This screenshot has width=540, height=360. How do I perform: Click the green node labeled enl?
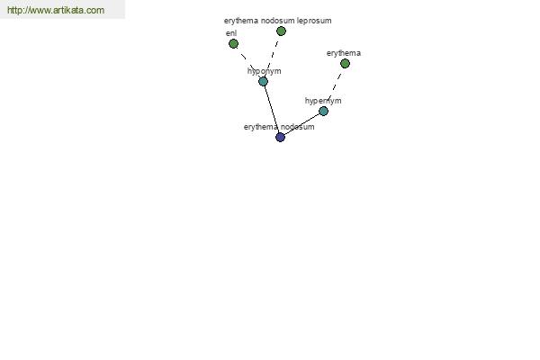(233, 44)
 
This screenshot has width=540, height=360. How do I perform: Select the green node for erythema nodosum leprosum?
(281, 31)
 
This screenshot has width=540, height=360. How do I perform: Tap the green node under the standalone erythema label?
(345, 63)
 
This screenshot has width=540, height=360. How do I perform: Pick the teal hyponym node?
(263, 82)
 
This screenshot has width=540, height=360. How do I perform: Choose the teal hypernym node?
(323, 111)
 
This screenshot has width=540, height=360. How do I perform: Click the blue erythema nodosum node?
(280, 137)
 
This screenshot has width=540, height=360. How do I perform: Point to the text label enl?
(231, 33)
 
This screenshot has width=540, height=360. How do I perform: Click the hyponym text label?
(264, 71)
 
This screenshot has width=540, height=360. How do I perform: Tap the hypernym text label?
(323, 101)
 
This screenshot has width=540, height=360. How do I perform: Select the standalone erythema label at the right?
(344, 53)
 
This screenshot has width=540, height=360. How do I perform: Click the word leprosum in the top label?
(314, 21)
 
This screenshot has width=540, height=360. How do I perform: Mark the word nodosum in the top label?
(277, 21)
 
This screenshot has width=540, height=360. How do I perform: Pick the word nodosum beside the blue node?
(298, 127)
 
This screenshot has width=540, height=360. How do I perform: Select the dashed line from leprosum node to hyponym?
(272, 57)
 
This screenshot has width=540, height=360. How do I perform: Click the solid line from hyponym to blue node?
(272, 109)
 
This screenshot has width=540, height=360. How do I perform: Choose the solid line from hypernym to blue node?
(302, 124)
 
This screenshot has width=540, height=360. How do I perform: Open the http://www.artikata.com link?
(56, 10)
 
